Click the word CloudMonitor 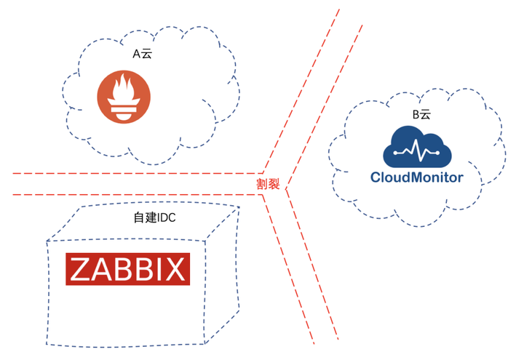[x=416, y=177]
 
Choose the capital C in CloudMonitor [x=376, y=177]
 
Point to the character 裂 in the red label [x=274, y=183]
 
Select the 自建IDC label [x=155, y=217]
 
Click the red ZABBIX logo [x=128, y=269]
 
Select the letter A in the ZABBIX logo [x=98, y=269]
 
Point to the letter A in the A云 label [x=136, y=55]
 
